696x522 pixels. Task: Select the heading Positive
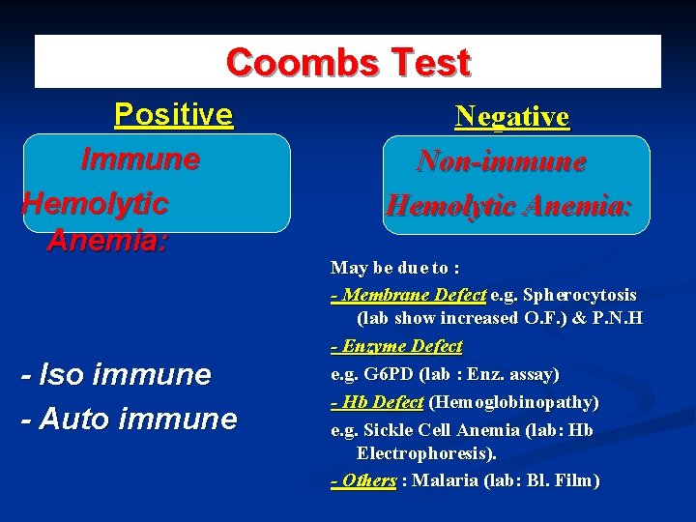click(174, 115)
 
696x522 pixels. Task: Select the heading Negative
click(512, 117)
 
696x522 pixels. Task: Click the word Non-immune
click(502, 161)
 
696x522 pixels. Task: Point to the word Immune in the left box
click(141, 159)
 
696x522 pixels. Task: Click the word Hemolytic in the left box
click(95, 203)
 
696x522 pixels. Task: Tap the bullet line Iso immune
click(116, 374)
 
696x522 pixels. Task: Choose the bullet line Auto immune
click(129, 419)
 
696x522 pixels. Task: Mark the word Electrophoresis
click(426, 452)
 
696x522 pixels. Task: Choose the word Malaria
click(447, 480)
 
